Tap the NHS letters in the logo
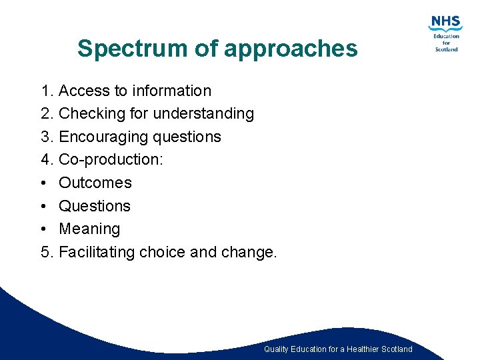(x=445, y=22)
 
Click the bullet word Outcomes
(x=95, y=183)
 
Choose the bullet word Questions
(x=95, y=206)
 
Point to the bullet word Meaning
(x=89, y=229)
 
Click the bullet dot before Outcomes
(x=44, y=183)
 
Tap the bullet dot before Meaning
(x=44, y=229)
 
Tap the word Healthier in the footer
(x=365, y=349)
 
